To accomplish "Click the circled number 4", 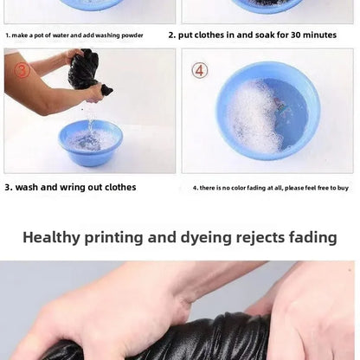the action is pyautogui.click(x=200, y=71).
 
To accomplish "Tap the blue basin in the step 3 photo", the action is pyautogui.click(x=91, y=143).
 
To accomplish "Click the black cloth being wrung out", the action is pyautogui.click(x=87, y=72).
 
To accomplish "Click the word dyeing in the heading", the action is pyautogui.click(x=206, y=238).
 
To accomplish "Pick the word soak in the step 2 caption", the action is pyautogui.click(x=264, y=35).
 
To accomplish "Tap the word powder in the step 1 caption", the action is pyautogui.click(x=132, y=35).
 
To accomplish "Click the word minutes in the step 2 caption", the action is pyautogui.click(x=319, y=35).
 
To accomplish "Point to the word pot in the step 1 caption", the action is pyautogui.click(x=39, y=35).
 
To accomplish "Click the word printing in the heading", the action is pyautogui.click(x=113, y=238).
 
